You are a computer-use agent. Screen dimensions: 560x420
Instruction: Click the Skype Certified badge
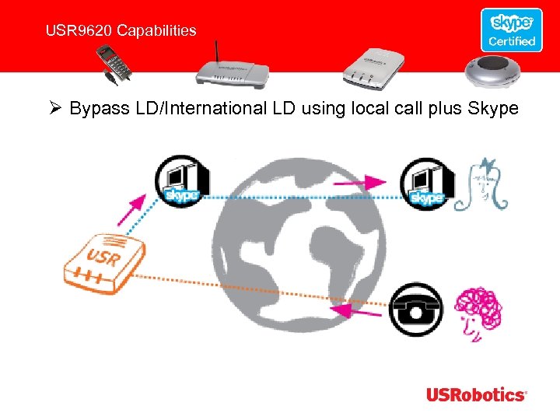[x=511, y=30]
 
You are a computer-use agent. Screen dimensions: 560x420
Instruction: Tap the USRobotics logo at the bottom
[x=476, y=394]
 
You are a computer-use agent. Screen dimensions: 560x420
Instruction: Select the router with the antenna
[x=231, y=69]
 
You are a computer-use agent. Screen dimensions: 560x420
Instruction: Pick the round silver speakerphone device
[x=495, y=68]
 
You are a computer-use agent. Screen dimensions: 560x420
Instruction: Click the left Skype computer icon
[x=180, y=181]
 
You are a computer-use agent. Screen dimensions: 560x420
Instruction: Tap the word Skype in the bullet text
[x=492, y=108]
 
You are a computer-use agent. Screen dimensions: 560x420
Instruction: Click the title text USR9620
[x=75, y=31]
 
